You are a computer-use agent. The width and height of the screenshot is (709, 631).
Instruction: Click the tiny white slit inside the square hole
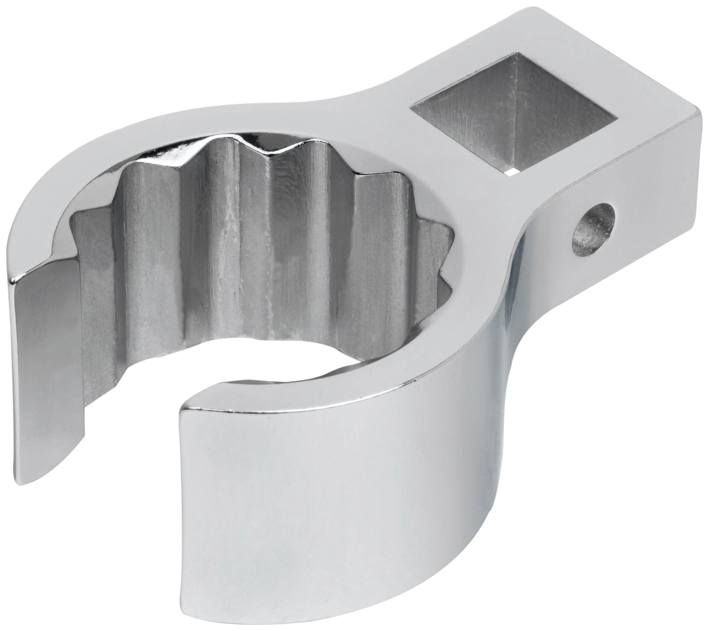pos(512,171)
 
